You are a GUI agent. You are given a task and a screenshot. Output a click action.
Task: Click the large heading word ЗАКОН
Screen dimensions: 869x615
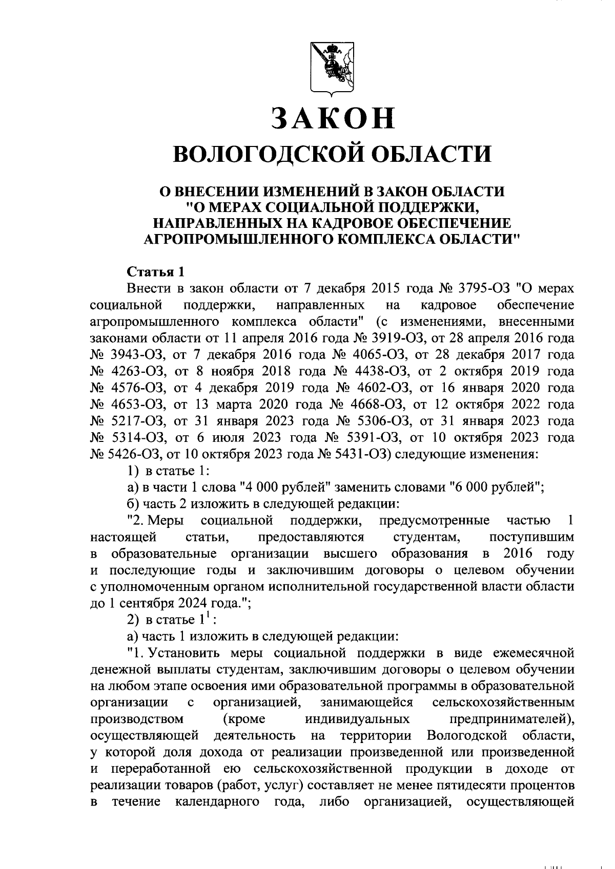333,118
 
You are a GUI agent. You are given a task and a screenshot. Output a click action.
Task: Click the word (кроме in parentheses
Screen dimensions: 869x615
244,719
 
